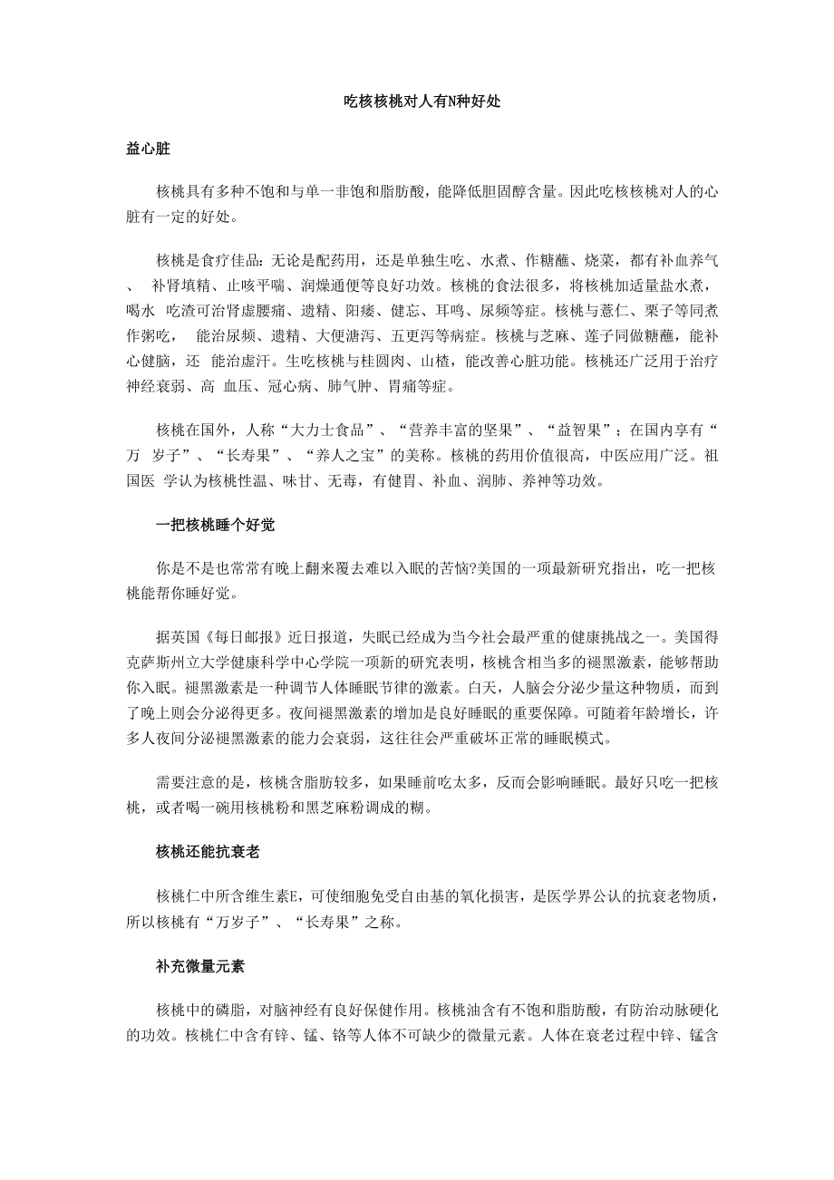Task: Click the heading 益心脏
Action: click(149, 148)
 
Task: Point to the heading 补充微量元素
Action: click(200, 966)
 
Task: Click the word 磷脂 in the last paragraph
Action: click(231, 1010)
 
